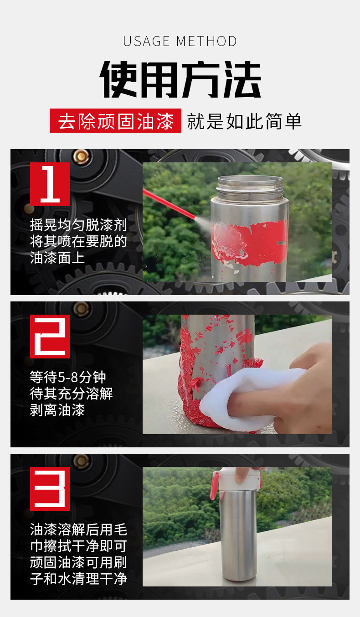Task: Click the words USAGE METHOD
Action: tap(180, 41)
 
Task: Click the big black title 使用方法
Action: tap(180, 80)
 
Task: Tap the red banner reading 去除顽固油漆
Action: tap(115, 121)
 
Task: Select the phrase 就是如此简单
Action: tap(244, 121)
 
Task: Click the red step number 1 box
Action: tap(50, 184)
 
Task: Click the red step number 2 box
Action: tap(50, 337)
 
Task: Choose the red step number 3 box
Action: tap(50, 489)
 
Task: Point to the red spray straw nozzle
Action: tap(169, 203)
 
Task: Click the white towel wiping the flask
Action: tap(248, 400)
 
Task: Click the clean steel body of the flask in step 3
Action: tap(238, 535)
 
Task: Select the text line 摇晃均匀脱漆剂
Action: tap(78, 225)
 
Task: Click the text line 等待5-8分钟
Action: tap(68, 377)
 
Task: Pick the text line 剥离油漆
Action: tap(57, 410)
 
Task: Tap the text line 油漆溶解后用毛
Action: tap(78, 529)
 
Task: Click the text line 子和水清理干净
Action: tap(78, 579)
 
